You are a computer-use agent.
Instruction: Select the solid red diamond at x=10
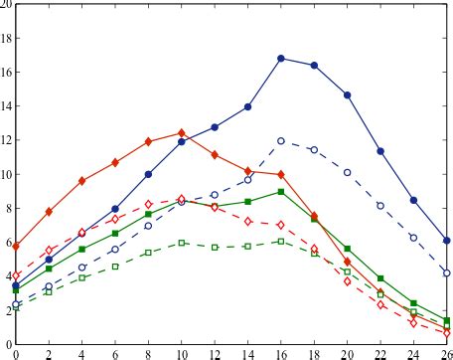tap(181, 132)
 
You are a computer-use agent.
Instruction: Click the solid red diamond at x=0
tap(15, 245)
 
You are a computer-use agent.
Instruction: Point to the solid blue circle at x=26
tap(447, 241)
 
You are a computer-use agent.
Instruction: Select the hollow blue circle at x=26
tap(447, 272)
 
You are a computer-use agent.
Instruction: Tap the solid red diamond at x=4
tap(81, 181)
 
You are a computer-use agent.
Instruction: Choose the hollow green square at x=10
tap(181, 243)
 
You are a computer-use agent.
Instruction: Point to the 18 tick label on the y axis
tap(7, 39)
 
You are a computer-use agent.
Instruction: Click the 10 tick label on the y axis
tap(7, 175)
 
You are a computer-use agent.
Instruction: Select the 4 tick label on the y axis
tap(8, 277)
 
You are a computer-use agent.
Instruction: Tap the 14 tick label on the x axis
tap(247, 353)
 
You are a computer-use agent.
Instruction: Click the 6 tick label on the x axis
tap(115, 353)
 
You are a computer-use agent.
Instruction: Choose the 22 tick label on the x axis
tap(380, 353)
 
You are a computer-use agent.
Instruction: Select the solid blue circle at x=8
tap(148, 174)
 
